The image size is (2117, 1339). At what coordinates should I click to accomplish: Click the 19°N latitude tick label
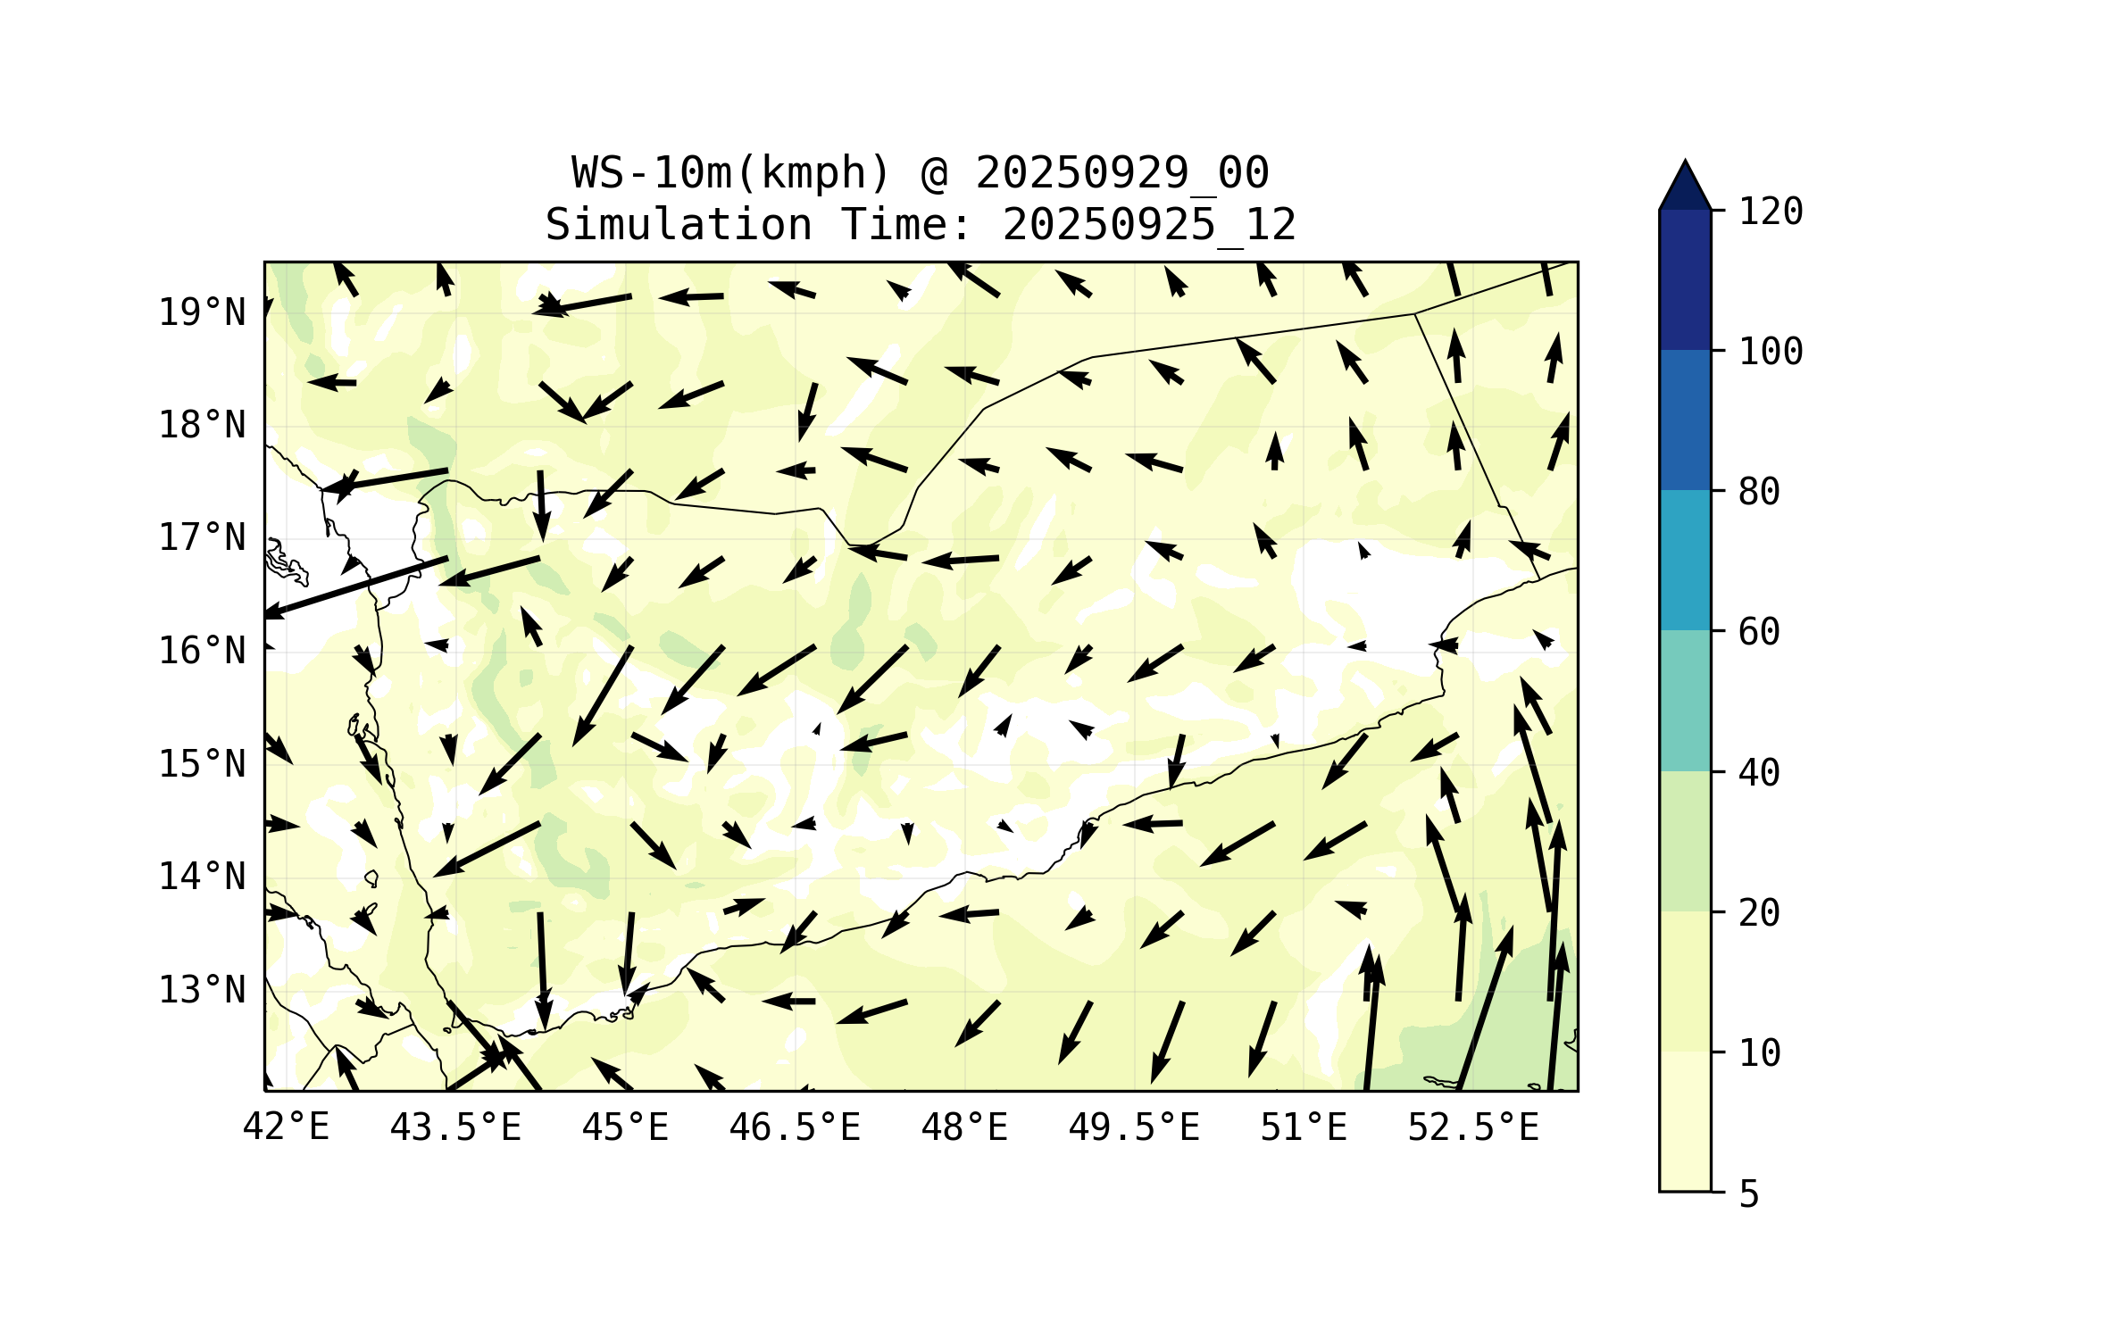click(x=202, y=312)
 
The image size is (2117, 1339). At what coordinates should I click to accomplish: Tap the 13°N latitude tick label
click(x=202, y=990)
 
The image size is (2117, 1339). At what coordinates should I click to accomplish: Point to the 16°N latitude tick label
click(x=202, y=651)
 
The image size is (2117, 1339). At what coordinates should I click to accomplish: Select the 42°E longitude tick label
click(x=286, y=1127)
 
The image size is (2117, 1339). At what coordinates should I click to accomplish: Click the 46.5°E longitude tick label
click(x=795, y=1127)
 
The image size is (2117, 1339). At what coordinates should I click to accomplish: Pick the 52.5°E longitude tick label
click(x=1473, y=1127)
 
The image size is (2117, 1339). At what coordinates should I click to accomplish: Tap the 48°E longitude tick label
click(x=964, y=1127)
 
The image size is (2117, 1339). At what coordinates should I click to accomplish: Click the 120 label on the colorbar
click(x=1771, y=212)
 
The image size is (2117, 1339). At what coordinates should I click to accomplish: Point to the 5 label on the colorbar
click(x=1749, y=1194)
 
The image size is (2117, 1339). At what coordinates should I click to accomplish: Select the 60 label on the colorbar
click(x=1759, y=632)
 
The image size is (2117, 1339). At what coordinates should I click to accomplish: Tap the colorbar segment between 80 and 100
click(x=1685, y=420)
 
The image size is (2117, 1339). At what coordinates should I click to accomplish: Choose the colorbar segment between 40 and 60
click(x=1685, y=701)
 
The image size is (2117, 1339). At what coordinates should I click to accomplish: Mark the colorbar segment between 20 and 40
click(x=1685, y=841)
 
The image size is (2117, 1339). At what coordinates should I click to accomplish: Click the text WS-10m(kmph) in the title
click(x=730, y=173)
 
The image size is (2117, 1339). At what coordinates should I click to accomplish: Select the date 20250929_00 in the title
click(x=1121, y=173)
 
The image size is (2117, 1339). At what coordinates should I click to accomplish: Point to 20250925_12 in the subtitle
click(x=1149, y=225)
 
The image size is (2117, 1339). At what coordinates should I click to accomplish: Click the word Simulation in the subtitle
click(x=679, y=225)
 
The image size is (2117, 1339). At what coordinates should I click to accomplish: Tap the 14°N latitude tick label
click(x=202, y=877)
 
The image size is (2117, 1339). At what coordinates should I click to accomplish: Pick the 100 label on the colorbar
click(x=1771, y=352)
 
